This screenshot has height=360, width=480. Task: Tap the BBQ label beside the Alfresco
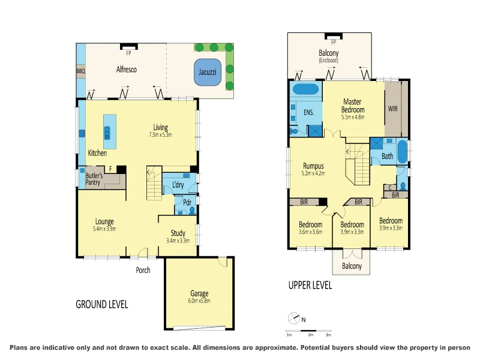[80, 71]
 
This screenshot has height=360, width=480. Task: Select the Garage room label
[199, 293]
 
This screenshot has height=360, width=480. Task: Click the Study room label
[177, 233]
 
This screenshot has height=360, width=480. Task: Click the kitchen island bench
[109, 131]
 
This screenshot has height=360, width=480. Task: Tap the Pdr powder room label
[187, 202]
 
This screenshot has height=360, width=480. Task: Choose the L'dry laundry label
[178, 185]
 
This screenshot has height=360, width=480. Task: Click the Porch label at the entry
[143, 270]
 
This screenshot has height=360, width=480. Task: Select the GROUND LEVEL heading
[101, 304]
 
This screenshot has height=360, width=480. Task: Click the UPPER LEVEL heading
[310, 286]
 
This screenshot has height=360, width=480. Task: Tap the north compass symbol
[293, 319]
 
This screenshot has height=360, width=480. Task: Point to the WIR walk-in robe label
[393, 109]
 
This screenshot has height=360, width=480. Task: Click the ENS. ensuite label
[308, 112]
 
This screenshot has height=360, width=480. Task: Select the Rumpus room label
[313, 166]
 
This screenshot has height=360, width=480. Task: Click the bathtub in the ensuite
[305, 90]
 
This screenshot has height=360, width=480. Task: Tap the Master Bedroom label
[353, 106]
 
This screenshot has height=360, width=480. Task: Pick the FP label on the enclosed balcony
[334, 42]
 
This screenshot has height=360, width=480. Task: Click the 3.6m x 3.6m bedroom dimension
[310, 232]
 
